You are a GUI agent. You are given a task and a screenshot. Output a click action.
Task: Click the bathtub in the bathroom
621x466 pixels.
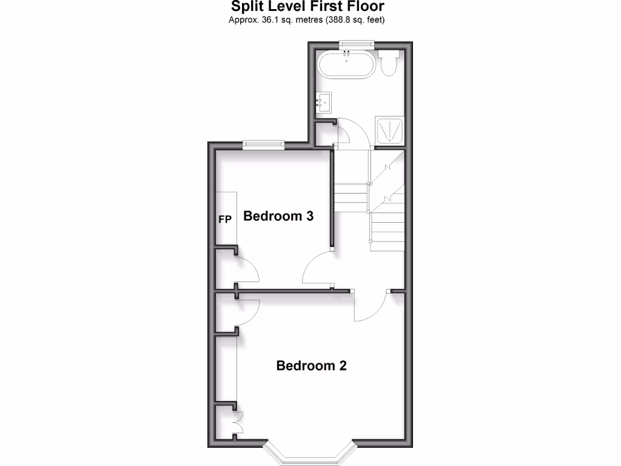point(347,64)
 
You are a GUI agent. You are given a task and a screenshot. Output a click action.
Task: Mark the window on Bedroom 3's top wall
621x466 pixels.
point(263,144)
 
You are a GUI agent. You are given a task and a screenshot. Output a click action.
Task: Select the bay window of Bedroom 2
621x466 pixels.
point(309,452)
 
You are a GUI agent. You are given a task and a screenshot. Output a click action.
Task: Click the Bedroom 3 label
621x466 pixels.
point(278,216)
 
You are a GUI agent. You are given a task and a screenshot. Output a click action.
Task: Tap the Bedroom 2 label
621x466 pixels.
point(311,366)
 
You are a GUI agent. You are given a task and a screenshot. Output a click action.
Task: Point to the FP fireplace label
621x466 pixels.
point(224,219)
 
